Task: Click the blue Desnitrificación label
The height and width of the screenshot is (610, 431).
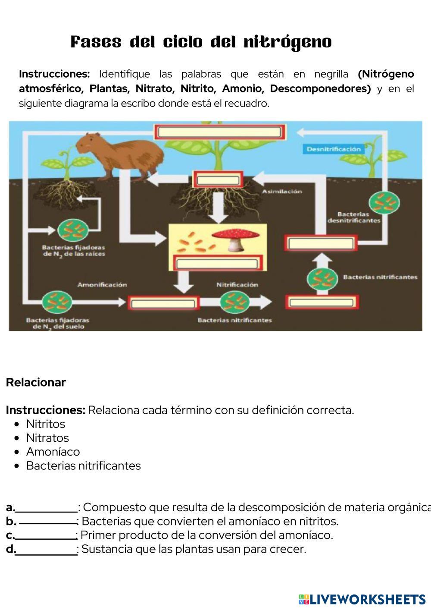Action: pyautogui.click(x=333, y=149)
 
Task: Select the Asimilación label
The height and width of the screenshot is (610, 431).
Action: pyautogui.click(x=282, y=192)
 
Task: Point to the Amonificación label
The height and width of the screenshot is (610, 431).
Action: pyautogui.click(x=102, y=285)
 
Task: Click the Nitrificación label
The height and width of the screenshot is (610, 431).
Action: pyautogui.click(x=237, y=285)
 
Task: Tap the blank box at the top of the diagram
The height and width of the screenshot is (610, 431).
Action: pyautogui.click(x=220, y=132)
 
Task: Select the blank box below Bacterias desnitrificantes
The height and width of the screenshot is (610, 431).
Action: pyautogui.click(x=321, y=243)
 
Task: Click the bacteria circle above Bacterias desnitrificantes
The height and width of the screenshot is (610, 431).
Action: pyautogui.click(x=384, y=201)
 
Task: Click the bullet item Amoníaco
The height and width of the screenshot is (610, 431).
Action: pyautogui.click(x=53, y=452)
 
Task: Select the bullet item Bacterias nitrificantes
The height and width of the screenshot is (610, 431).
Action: pyautogui.click(x=83, y=466)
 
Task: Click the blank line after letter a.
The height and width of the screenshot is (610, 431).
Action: pyautogui.click(x=46, y=508)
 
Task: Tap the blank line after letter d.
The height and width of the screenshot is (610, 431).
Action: pyautogui.click(x=46, y=550)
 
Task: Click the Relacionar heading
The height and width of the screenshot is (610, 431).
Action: pyautogui.click(x=36, y=382)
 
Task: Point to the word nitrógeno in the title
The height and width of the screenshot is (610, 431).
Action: pyautogui.click(x=287, y=42)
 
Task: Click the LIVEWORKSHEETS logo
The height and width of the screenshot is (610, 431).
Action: pyautogui.click(x=362, y=599)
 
